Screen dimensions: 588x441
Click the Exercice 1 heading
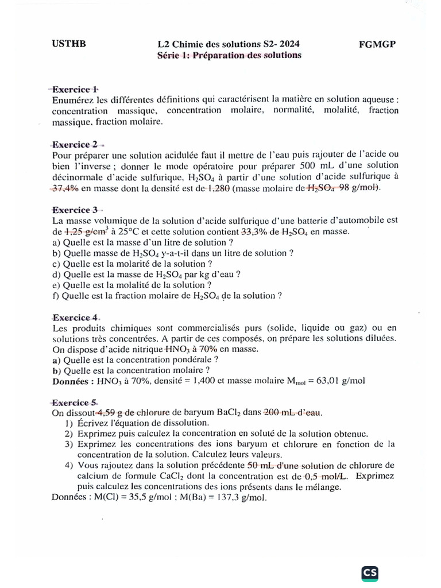point(75,89)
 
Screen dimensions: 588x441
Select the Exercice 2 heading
point(75,144)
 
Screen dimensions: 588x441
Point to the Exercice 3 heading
point(75,210)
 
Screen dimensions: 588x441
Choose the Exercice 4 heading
point(75,317)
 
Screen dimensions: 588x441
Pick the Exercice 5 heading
point(75,402)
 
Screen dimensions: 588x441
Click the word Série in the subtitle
point(169,55)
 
